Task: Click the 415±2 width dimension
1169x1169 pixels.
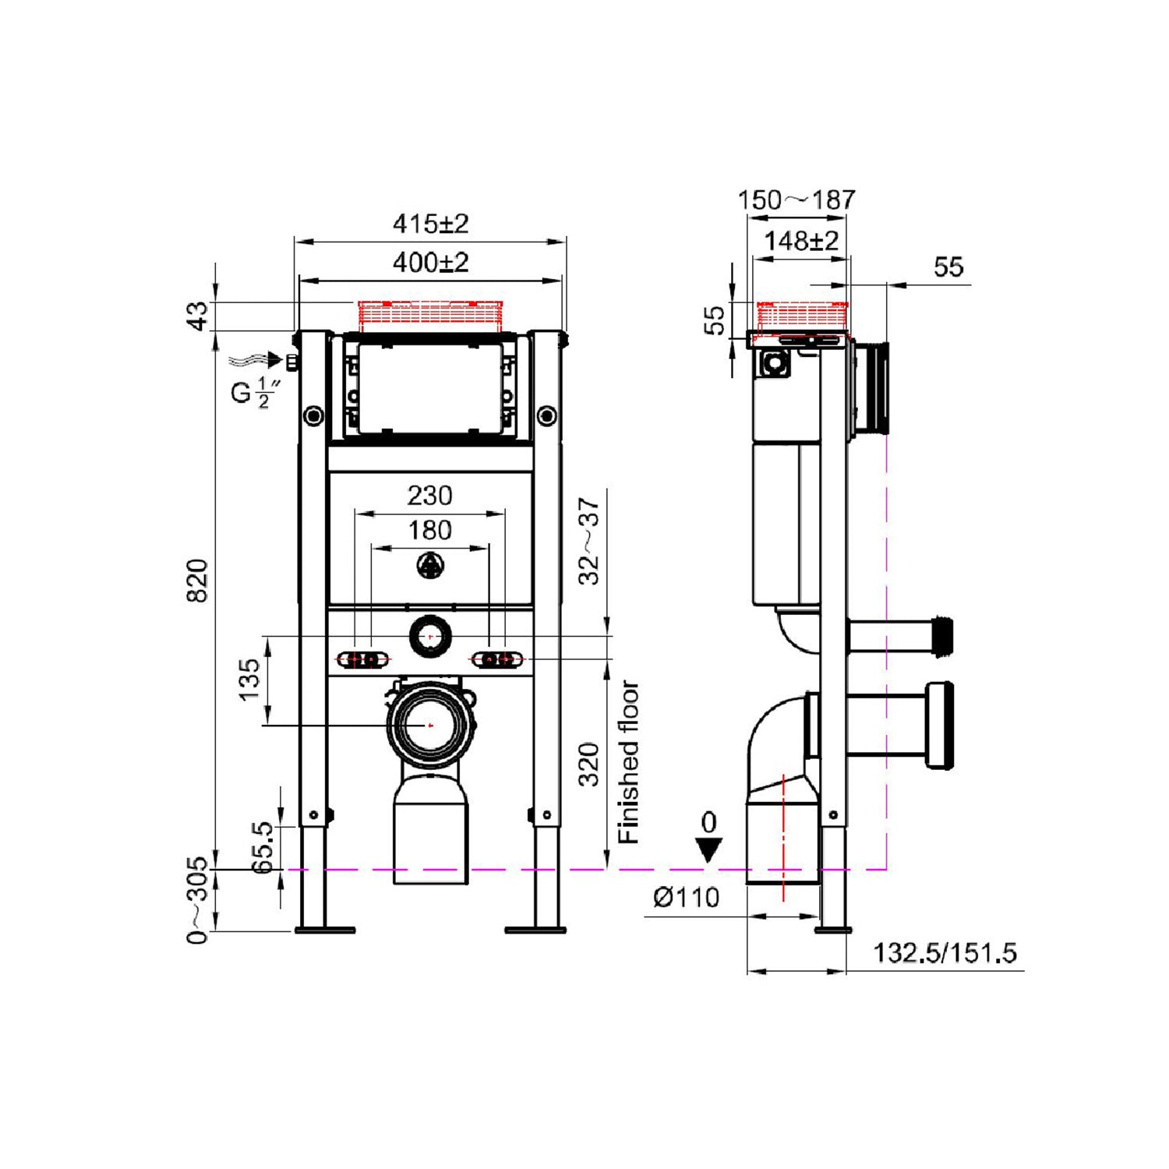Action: click(430, 224)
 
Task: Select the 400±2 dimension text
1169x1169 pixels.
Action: click(430, 263)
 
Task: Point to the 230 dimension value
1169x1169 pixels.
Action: click(430, 496)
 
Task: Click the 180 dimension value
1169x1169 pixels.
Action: click(430, 531)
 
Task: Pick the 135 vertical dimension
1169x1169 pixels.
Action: click(249, 680)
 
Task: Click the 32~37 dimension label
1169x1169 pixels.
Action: click(590, 541)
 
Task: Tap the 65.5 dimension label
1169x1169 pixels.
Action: click(263, 846)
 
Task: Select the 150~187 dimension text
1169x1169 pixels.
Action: click(796, 200)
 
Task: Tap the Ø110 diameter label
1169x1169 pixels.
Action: click(686, 898)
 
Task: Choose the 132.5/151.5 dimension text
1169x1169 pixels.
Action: click(945, 953)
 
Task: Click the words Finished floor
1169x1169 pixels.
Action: click(628, 762)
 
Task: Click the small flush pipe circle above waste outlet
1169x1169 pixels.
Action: click(429, 637)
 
